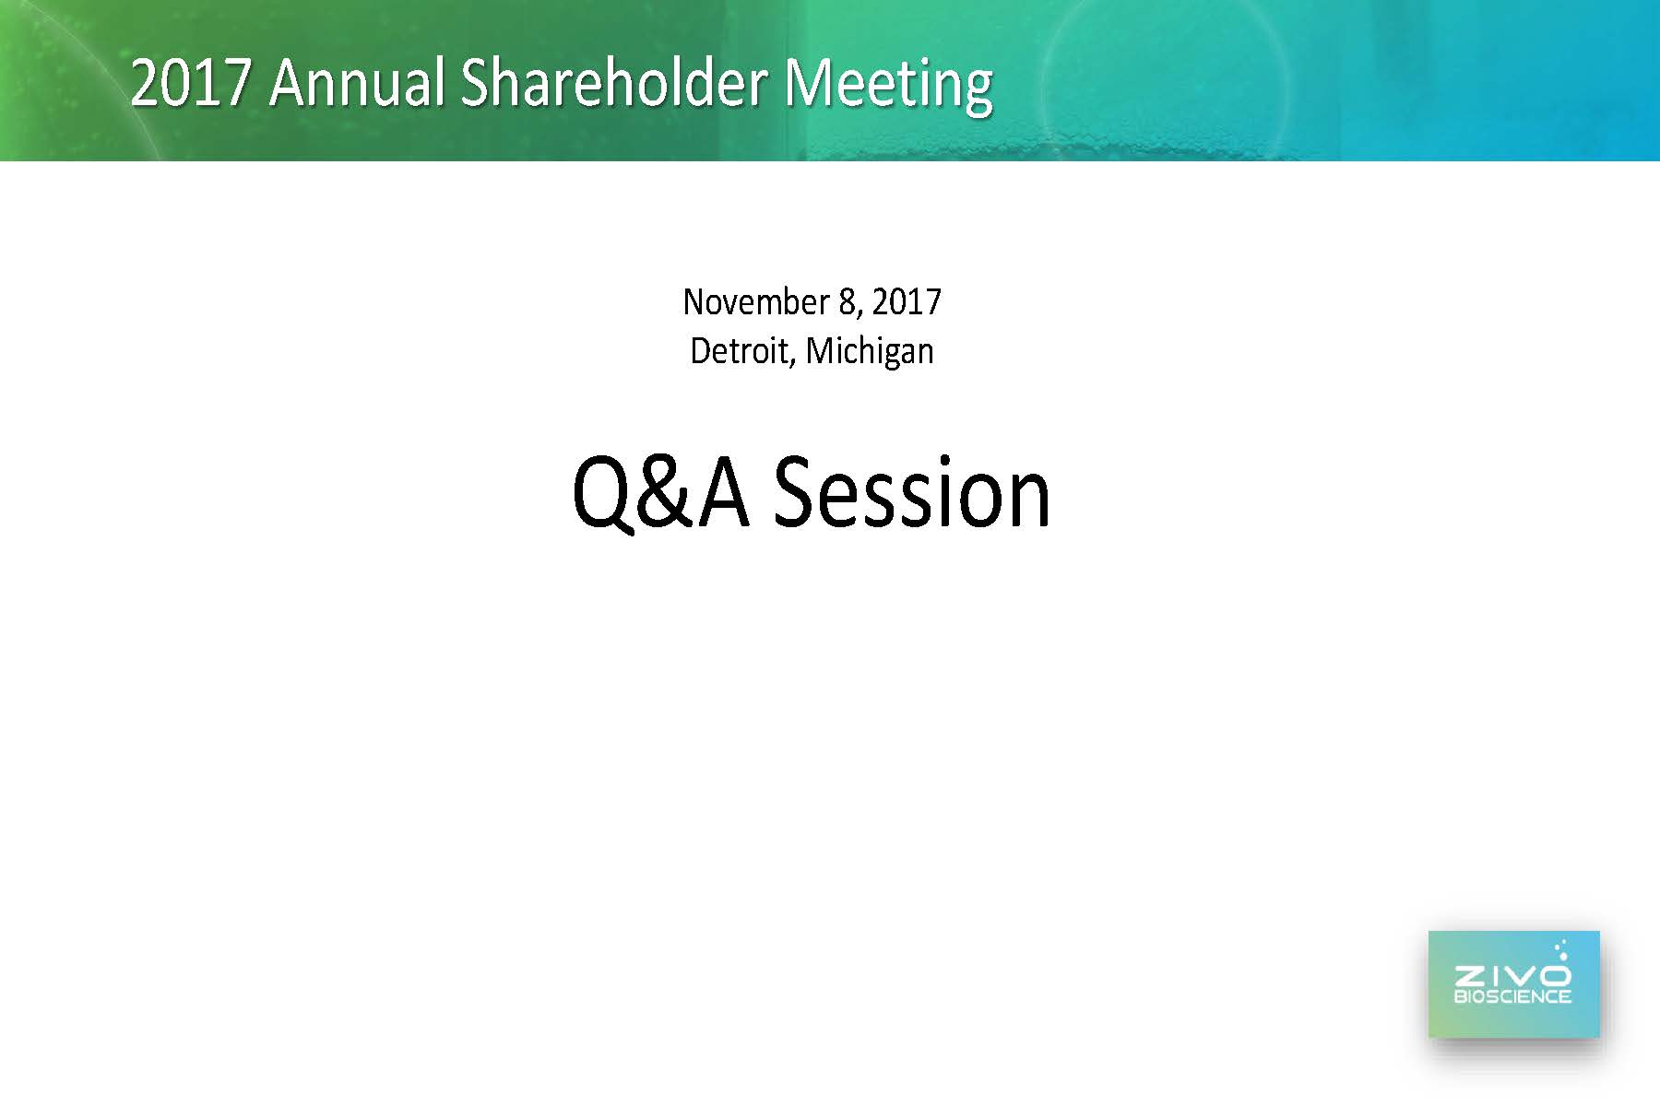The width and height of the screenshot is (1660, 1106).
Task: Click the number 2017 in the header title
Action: tap(191, 83)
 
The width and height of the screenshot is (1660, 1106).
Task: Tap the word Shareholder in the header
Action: tap(613, 83)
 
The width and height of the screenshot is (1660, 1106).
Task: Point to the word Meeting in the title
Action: tap(888, 85)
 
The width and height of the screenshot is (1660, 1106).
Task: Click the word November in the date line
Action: tap(756, 302)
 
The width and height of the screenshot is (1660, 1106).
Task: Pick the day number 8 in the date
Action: tap(848, 302)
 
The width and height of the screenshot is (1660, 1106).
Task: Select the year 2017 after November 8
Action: tap(907, 302)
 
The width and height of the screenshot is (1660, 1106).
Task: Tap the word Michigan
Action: tap(870, 353)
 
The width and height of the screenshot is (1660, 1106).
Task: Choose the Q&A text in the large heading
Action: tap(660, 495)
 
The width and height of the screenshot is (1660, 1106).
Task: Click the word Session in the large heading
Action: tap(911, 495)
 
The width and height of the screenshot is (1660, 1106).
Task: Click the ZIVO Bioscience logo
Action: tap(1513, 984)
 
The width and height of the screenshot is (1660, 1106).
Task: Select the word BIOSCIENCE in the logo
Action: tap(1512, 996)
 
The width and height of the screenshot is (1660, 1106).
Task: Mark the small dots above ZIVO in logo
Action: tap(1560, 949)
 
